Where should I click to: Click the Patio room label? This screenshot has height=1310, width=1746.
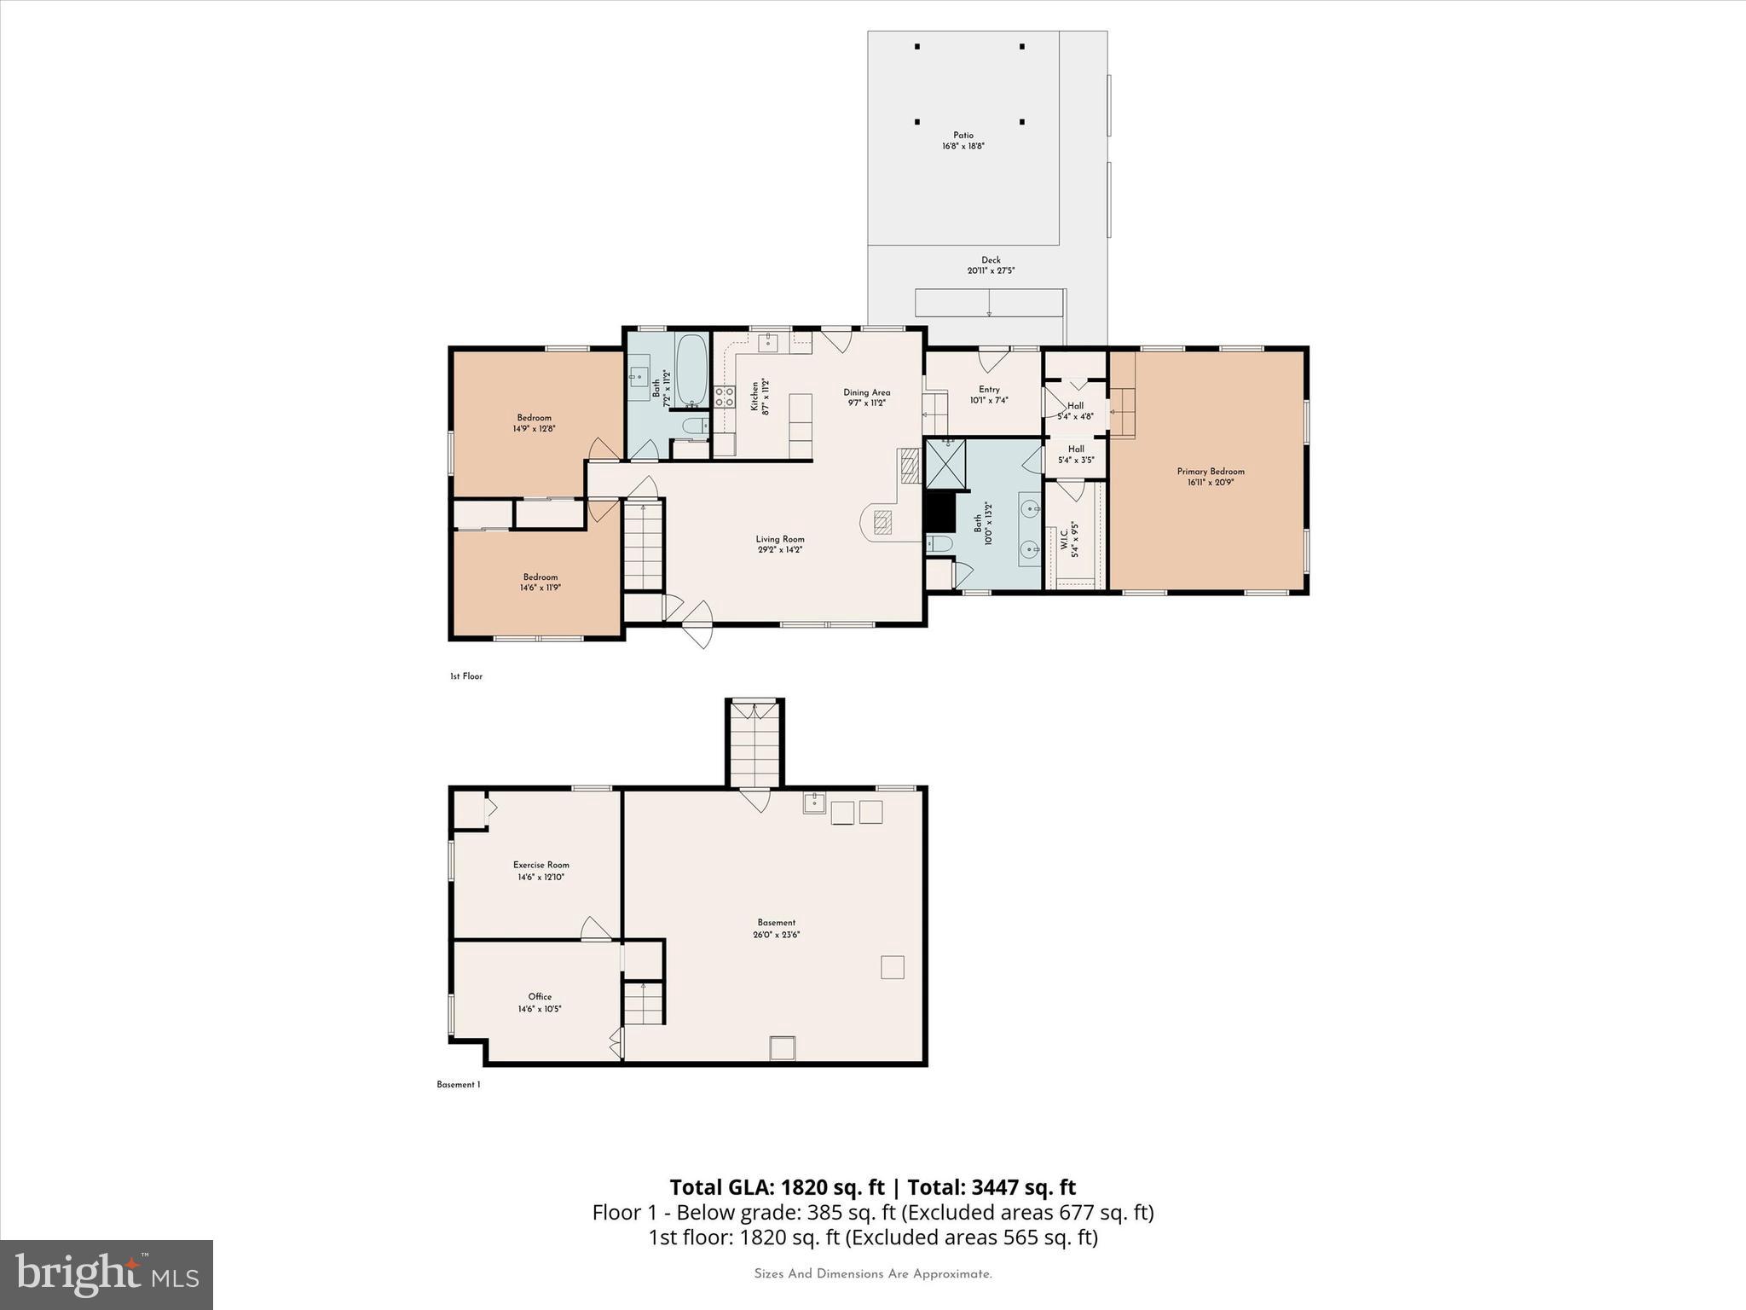[963, 136]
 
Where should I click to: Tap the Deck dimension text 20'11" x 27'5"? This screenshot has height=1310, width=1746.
[991, 271]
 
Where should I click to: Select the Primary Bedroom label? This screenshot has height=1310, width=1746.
[1211, 472]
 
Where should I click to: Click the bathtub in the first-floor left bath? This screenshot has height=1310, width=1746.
[691, 370]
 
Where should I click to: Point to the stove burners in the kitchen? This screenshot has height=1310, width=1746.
[725, 397]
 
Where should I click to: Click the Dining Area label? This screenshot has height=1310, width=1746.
[867, 393]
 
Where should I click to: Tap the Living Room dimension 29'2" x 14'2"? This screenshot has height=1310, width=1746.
[780, 550]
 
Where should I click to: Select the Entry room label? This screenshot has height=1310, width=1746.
[989, 390]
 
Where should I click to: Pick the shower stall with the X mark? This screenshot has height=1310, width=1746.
[946, 465]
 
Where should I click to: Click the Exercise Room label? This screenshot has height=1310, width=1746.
[541, 865]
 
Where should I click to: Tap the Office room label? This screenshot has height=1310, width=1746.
[540, 996]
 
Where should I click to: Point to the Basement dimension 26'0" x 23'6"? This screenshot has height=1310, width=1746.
[777, 935]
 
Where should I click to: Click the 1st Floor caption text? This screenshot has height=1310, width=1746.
[466, 676]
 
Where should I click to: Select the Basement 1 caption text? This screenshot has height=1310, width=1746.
[459, 1085]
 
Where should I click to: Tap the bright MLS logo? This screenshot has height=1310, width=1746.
[107, 1274]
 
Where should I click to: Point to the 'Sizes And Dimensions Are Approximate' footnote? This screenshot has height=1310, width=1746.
[873, 1274]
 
